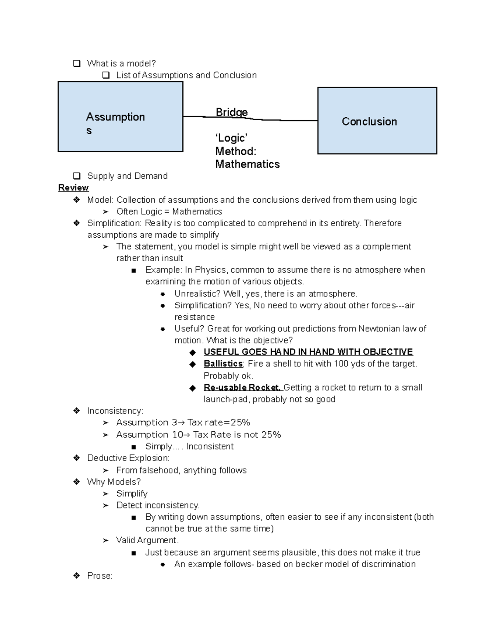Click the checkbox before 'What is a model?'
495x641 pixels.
[77, 64]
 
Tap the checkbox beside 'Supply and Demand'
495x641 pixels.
[77, 176]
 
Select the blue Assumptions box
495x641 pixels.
[120, 117]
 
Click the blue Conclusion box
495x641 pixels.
[377, 121]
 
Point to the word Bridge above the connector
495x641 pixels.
[231, 112]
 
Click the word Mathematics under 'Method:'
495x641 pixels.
[247, 164]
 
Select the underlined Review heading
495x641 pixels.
[73, 188]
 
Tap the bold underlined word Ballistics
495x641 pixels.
[223, 364]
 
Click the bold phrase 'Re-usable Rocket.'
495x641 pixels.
[242, 388]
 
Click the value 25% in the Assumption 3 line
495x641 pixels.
[240, 423]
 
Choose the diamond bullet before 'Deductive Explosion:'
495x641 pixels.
[76, 458]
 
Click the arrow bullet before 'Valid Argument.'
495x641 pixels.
[106, 541]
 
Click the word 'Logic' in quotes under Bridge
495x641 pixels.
[231, 138]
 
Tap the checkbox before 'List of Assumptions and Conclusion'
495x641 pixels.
[106, 75]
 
